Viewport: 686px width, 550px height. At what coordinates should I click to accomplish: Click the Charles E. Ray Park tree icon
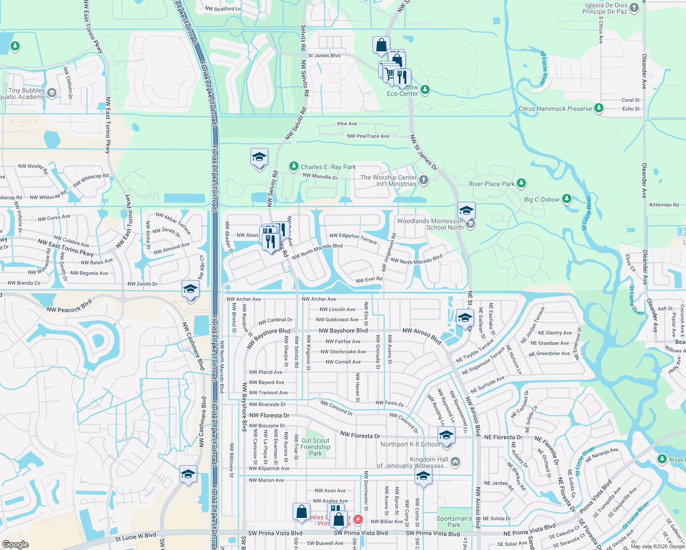coord(294,166)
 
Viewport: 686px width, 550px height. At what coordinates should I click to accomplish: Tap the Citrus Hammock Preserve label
coord(555,109)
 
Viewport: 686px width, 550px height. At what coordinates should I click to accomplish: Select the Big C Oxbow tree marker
coord(567,199)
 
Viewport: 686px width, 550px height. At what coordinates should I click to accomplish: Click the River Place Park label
coord(492,184)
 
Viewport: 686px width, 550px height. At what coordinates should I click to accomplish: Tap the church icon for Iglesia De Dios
coord(634,7)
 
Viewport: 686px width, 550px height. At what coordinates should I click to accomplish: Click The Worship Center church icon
coord(424,180)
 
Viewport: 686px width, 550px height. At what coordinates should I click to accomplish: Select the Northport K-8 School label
coord(410,444)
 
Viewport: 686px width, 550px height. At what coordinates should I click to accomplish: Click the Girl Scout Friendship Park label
coord(315,447)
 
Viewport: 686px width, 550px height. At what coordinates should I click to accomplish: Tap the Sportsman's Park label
coord(454,522)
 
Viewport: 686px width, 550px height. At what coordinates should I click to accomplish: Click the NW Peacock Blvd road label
coord(69,306)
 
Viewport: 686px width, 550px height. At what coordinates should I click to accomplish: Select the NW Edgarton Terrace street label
coord(353,238)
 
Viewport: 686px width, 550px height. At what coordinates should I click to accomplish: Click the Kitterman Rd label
coord(664,205)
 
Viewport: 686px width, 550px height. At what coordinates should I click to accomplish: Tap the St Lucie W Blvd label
coord(135,536)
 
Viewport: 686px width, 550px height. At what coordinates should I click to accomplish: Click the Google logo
coord(16,544)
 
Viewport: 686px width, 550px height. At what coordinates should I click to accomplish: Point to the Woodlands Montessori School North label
coord(430,224)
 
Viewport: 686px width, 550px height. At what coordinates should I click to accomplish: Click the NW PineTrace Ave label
coord(368,136)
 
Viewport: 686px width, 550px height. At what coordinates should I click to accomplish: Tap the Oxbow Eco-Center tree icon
coord(425,89)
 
